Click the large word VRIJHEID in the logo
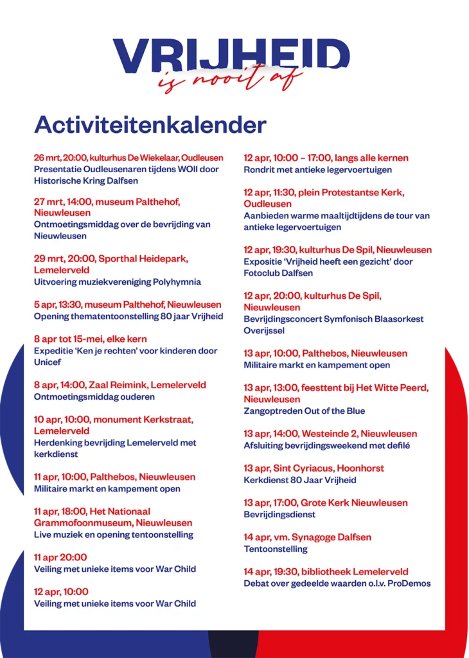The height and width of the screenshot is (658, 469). point(231,55)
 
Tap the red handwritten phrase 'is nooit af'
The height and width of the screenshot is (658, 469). point(231,80)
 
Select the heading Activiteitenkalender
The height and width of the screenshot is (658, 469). point(150,124)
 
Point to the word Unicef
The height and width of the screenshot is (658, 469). point(48,362)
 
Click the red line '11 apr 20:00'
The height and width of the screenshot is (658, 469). point(60,557)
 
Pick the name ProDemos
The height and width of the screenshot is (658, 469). point(409,583)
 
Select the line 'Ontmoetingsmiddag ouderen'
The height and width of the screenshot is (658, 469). point(94,397)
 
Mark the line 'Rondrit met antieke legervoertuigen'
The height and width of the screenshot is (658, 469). point(317,170)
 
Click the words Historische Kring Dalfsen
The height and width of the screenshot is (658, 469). point(86,181)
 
